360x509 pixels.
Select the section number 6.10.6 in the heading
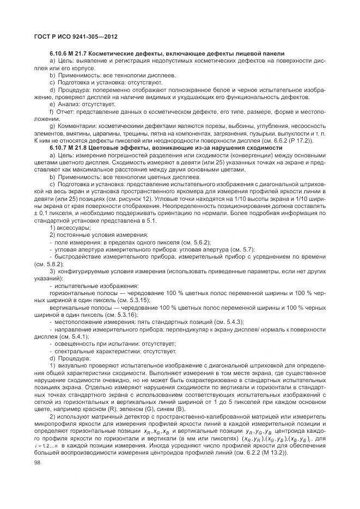pyautogui.click(x=59, y=53)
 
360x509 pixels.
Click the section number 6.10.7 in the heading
pyautogui.click(x=59, y=148)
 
